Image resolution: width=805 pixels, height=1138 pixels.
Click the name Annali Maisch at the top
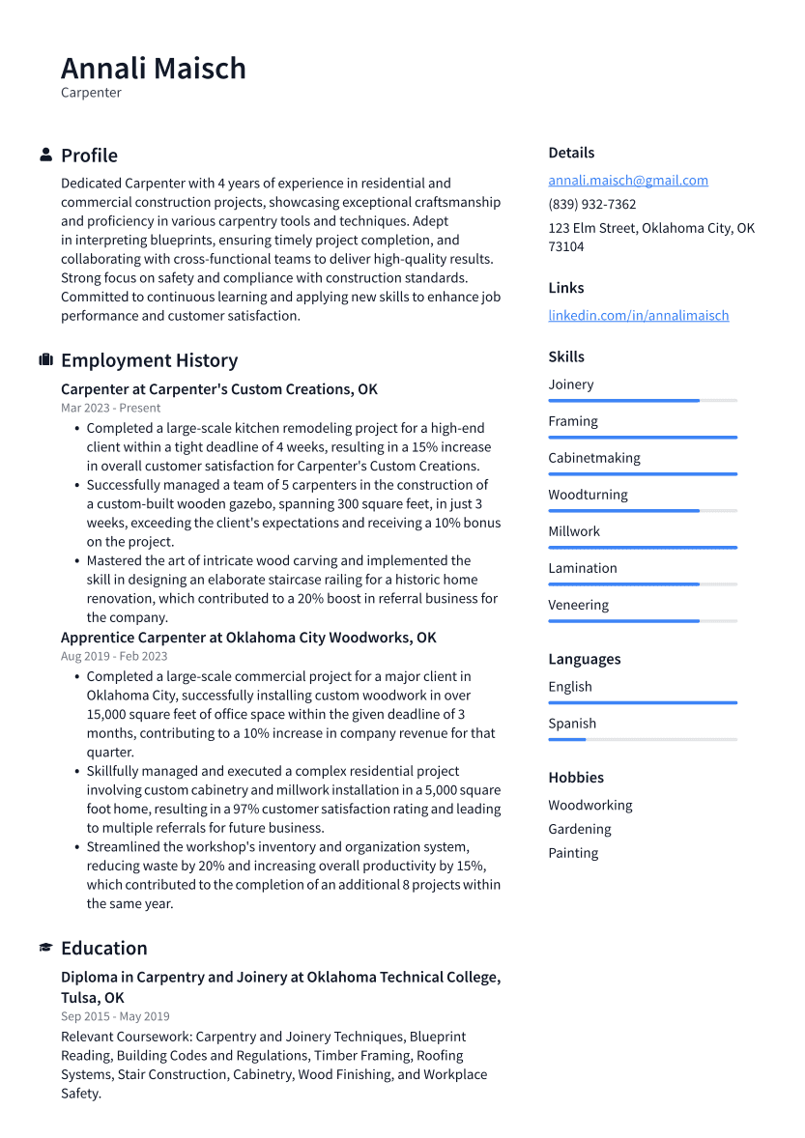click(x=153, y=69)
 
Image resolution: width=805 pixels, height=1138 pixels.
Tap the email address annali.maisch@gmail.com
click(x=627, y=180)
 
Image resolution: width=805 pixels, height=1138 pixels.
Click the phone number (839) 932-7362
click(x=591, y=204)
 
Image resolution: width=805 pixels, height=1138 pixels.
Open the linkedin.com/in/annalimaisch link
click(x=638, y=315)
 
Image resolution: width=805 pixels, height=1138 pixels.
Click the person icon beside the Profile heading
click(x=45, y=155)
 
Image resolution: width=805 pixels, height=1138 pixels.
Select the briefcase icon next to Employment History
click(x=45, y=359)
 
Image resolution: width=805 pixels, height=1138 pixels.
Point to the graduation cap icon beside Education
click(x=45, y=948)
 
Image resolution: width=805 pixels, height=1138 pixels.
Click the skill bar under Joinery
click(x=642, y=400)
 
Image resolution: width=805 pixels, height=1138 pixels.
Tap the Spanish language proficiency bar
click(x=642, y=739)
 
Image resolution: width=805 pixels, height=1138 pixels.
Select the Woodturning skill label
click(x=588, y=495)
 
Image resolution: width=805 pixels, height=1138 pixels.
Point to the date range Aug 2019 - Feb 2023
click(x=113, y=656)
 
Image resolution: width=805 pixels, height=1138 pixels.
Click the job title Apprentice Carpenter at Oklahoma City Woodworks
click(x=248, y=638)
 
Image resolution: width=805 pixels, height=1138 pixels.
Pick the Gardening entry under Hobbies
click(x=579, y=829)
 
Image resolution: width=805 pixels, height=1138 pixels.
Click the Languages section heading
click(x=584, y=659)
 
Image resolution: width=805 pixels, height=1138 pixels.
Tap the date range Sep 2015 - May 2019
click(x=114, y=1016)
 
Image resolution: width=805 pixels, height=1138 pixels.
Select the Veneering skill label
click(x=578, y=605)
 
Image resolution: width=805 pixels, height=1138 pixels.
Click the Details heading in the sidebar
click(x=571, y=153)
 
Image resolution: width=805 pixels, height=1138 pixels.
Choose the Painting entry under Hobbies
click(x=573, y=853)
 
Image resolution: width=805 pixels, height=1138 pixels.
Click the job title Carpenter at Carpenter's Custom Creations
click(x=218, y=389)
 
